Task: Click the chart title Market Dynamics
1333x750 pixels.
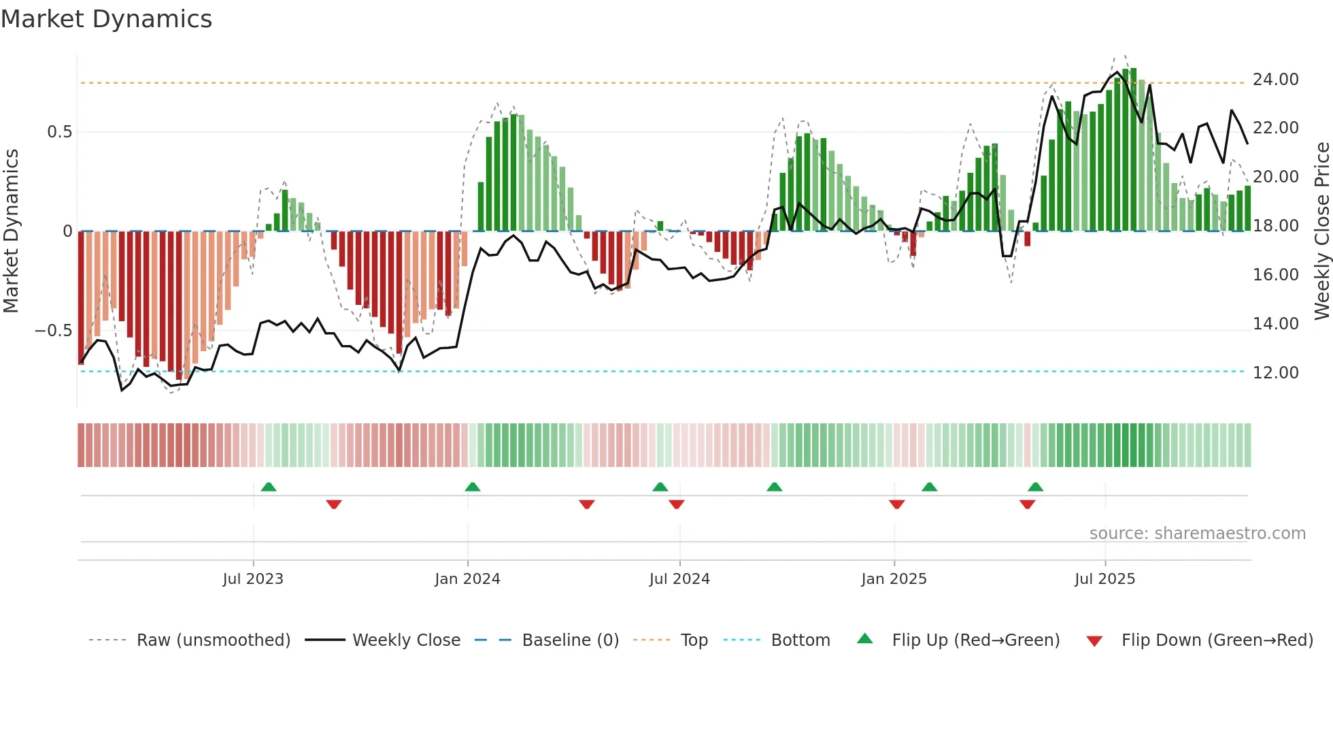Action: click(106, 19)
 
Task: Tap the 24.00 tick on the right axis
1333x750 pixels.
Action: click(1275, 80)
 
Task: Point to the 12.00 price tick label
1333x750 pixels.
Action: click(1275, 373)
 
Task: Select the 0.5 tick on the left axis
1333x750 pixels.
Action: click(59, 132)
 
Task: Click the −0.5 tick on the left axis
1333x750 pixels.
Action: click(53, 331)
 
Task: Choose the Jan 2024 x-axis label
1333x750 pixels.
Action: click(467, 579)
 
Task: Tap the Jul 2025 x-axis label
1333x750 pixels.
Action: click(1104, 579)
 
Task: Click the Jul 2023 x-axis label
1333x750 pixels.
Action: click(252, 579)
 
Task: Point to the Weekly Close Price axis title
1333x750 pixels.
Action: click(1321, 231)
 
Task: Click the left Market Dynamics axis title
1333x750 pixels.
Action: click(11, 231)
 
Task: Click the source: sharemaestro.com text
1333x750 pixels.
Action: click(1197, 534)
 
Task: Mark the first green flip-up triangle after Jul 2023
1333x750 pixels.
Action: click(269, 487)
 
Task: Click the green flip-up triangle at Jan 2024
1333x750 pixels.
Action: click(473, 487)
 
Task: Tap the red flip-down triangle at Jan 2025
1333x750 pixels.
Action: click(896, 504)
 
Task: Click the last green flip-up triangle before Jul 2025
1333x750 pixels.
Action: click(1035, 487)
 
